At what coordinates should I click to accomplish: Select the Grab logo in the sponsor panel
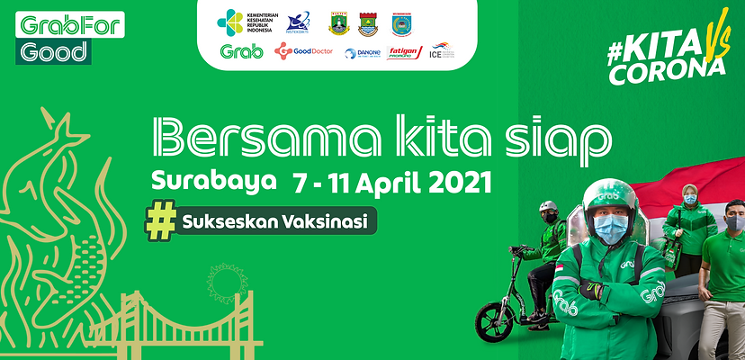[x=241, y=52]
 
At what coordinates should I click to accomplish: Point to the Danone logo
[x=363, y=53]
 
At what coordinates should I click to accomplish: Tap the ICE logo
[x=442, y=50]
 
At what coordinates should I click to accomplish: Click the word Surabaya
[x=214, y=179]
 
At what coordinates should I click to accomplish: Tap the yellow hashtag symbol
[x=159, y=221]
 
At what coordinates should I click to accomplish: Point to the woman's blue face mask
[x=690, y=200]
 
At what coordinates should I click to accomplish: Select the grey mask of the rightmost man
[x=734, y=221]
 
